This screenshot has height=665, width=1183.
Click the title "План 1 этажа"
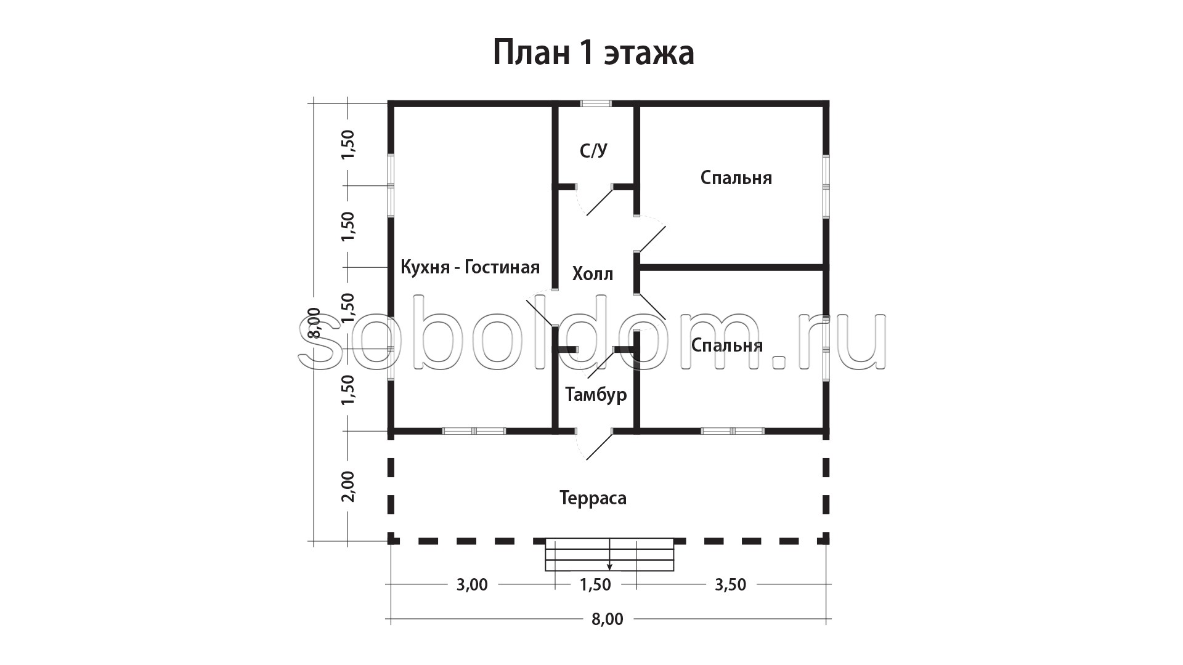(x=593, y=54)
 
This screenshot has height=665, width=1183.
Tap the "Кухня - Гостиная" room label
(x=470, y=267)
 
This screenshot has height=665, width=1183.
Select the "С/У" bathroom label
(x=594, y=151)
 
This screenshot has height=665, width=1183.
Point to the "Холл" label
(x=593, y=274)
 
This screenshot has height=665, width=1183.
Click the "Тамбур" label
(x=596, y=395)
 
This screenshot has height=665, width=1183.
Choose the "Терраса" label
(x=593, y=498)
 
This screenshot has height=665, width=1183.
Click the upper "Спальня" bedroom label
(x=736, y=178)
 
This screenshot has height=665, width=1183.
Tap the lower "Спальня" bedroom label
(x=727, y=345)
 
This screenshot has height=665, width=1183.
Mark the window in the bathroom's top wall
(x=596, y=103)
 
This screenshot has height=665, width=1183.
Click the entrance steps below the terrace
(x=609, y=554)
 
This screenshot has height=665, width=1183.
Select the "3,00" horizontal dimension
(x=472, y=584)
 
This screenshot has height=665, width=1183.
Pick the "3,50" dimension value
(x=730, y=584)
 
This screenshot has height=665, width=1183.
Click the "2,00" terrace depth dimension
(x=348, y=486)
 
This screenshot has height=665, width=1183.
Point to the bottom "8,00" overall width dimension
(x=608, y=619)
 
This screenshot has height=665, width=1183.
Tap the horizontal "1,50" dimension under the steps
(x=595, y=584)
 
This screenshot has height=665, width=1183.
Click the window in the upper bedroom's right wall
(x=826, y=186)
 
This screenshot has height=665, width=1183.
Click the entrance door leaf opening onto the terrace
(x=600, y=446)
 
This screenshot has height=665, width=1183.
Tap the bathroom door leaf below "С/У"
(x=600, y=201)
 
